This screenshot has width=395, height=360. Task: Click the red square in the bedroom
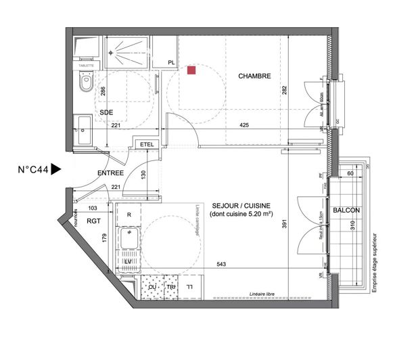tap(192, 70)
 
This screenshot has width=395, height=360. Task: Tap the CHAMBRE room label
tap(254, 76)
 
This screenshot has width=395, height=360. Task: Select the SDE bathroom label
tap(106, 112)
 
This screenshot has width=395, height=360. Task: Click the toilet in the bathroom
tap(85, 84)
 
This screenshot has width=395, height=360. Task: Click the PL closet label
tap(172, 62)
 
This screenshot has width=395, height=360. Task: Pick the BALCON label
tap(346, 210)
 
